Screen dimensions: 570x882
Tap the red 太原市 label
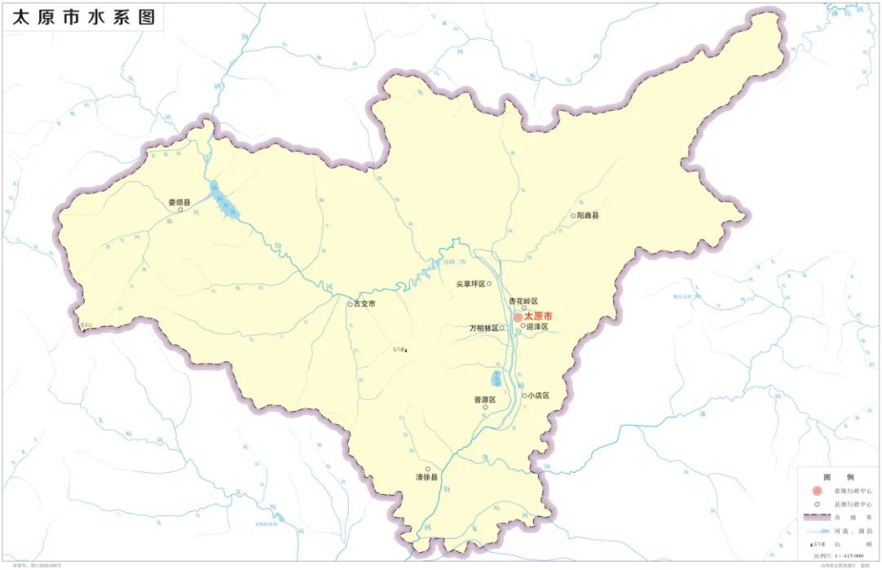pyautogui.click(x=538, y=316)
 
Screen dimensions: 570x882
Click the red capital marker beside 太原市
pyautogui.click(x=518, y=317)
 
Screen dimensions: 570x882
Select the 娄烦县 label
pyautogui.click(x=179, y=201)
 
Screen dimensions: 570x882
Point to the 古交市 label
pyautogui.click(x=364, y=304)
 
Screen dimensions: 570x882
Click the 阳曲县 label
pyautogui.click(x=588, y=216)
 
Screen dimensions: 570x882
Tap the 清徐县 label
pyautogui.click(x=426, y=477)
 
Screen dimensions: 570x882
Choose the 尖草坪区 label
pyautogui.click(x=470, y=284)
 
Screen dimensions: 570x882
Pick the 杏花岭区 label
pyautogui.click(x=523, y=301)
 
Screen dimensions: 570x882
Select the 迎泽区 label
pyautogui.click(x=537, y=327)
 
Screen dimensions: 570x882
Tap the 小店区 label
pyautogui.click(x=538, y=395)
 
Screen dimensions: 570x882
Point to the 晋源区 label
pyautogui.click(x=484, y=399)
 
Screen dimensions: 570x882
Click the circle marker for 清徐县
pyautogui.click(x=427, y=469)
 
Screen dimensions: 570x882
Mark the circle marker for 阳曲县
pyautogui.click(x=573, y=216)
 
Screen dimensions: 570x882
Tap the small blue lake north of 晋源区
pyautogui.click(x=497, y=379)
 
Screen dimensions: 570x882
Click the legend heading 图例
pyautogui.click(x=836, y=476)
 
